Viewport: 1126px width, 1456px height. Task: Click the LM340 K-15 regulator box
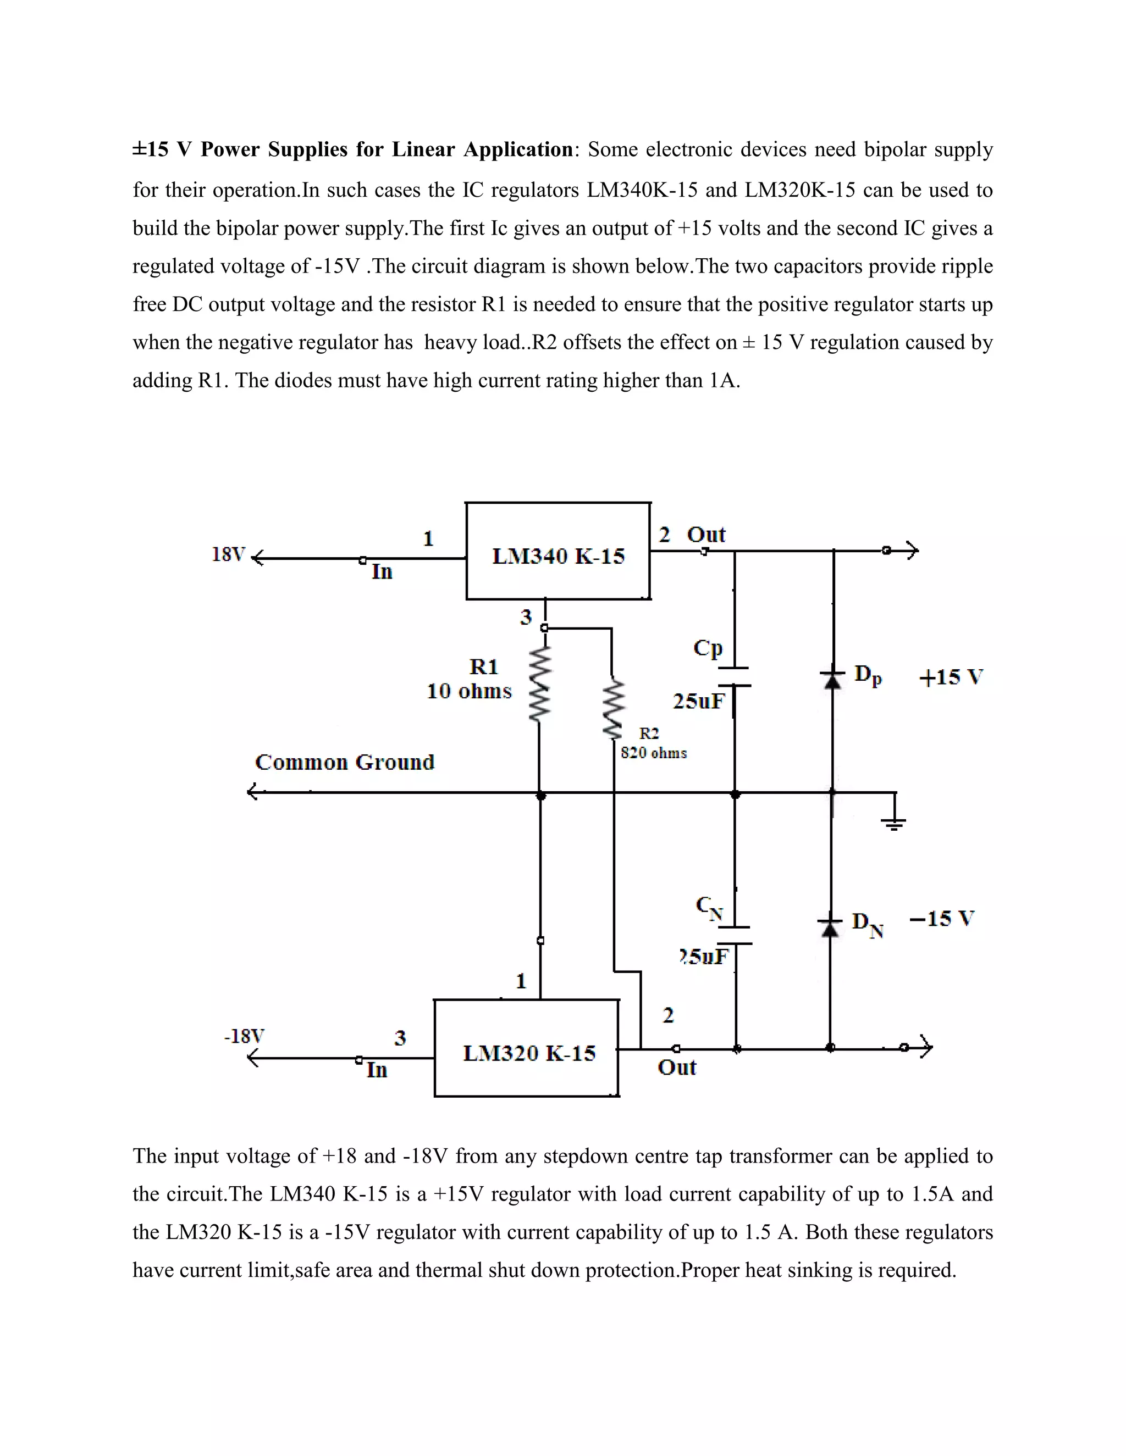(558, 551)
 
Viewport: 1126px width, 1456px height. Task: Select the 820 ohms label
(653, 753)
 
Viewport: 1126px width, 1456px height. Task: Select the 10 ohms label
(469, 691)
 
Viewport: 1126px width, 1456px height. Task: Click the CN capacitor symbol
(736, 935)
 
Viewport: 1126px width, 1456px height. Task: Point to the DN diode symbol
(830, 927)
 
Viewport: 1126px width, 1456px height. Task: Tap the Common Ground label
(344, 762)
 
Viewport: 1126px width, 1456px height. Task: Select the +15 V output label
(951, 677)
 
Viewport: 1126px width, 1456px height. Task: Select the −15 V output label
(941, 919)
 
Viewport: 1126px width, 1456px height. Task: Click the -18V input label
(244, 1036)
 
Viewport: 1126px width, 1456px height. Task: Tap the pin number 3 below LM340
(526, 618)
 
